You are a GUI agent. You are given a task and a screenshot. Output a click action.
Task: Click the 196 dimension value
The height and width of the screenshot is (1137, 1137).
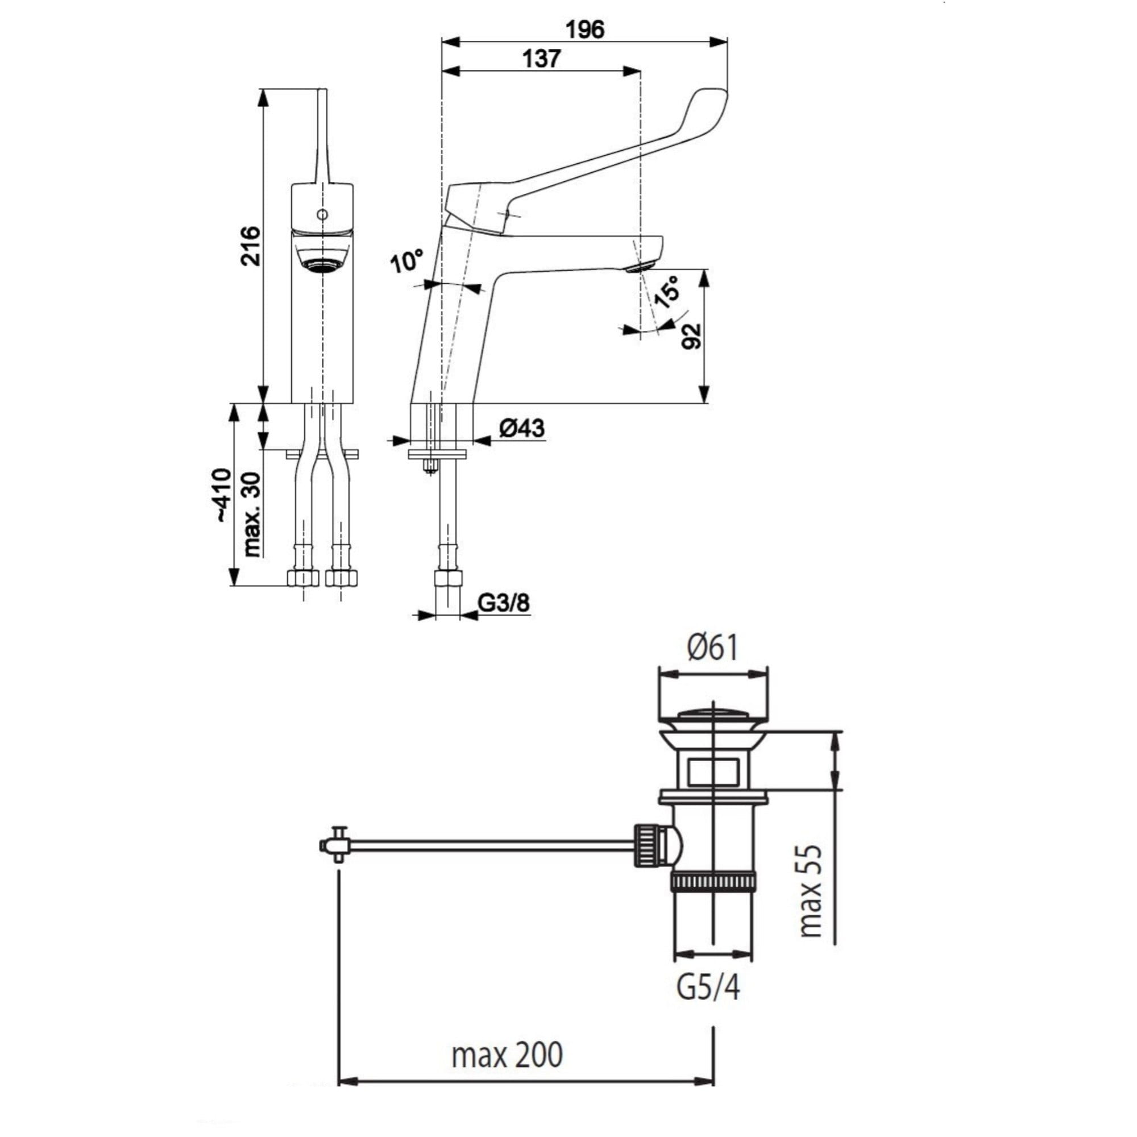pos(586,30)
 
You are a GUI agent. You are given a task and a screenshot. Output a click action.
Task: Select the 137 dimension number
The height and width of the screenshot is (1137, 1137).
pos(541,59)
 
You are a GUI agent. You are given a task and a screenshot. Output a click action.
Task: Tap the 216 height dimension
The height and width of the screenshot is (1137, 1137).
pos(252,246)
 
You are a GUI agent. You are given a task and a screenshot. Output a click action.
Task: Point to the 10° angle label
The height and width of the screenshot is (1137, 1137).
pos(406,262)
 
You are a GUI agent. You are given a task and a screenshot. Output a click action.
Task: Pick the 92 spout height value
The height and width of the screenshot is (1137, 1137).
pos(692,336)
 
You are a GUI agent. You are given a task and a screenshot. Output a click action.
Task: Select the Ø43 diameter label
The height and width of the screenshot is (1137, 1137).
pos(521,429)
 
